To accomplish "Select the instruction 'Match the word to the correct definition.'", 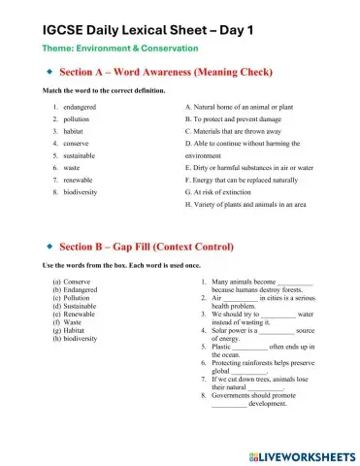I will point(112,89).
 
